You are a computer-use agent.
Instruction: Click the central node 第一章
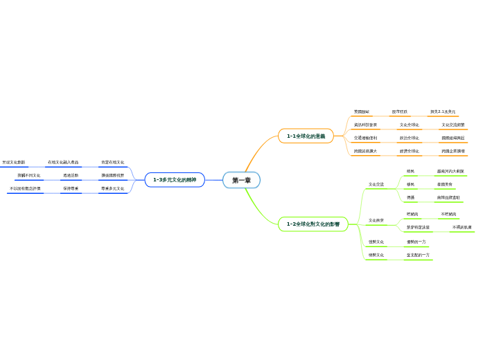241,180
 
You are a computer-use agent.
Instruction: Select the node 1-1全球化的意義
306,136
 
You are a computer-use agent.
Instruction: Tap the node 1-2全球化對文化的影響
313,224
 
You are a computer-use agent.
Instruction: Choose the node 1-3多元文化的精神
175,180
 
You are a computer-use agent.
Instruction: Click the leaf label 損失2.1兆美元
443,111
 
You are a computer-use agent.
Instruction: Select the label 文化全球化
409,125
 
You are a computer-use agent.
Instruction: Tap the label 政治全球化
409,138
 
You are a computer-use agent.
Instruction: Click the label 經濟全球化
409,150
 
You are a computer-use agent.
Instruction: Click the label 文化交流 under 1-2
376,184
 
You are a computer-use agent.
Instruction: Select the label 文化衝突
376,220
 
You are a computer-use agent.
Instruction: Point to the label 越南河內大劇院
450,171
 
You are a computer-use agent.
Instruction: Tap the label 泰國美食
445,184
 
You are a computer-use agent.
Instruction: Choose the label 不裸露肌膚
462,227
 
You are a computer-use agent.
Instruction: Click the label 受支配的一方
418,255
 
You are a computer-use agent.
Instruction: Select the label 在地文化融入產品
62,162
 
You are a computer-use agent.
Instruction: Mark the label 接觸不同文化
29,175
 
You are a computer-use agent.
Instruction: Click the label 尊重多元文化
112,188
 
